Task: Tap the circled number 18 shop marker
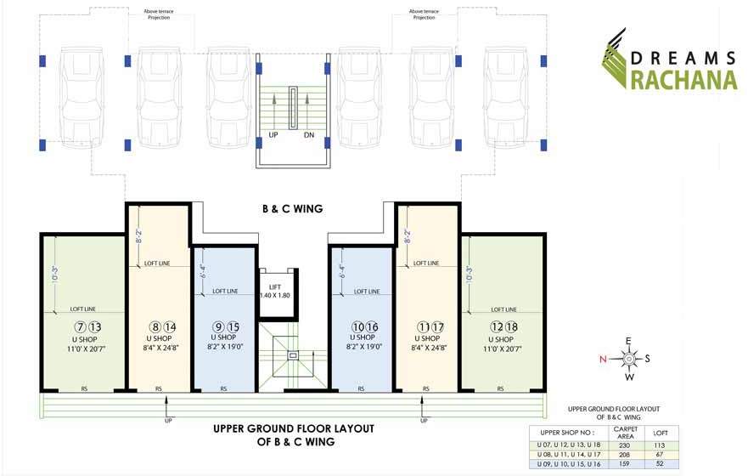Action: [x=512, y=326]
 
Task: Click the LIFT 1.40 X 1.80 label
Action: [x=276, y=291]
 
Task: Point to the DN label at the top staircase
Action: [x=309, y=136]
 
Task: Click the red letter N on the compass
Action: [x=603, y=359]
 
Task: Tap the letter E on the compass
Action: [x=629, y=341]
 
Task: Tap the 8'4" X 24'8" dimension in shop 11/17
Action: [x=427, y=347]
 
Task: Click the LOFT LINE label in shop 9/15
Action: [x=225, y=291]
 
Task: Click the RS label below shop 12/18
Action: [x=501, y=389]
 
